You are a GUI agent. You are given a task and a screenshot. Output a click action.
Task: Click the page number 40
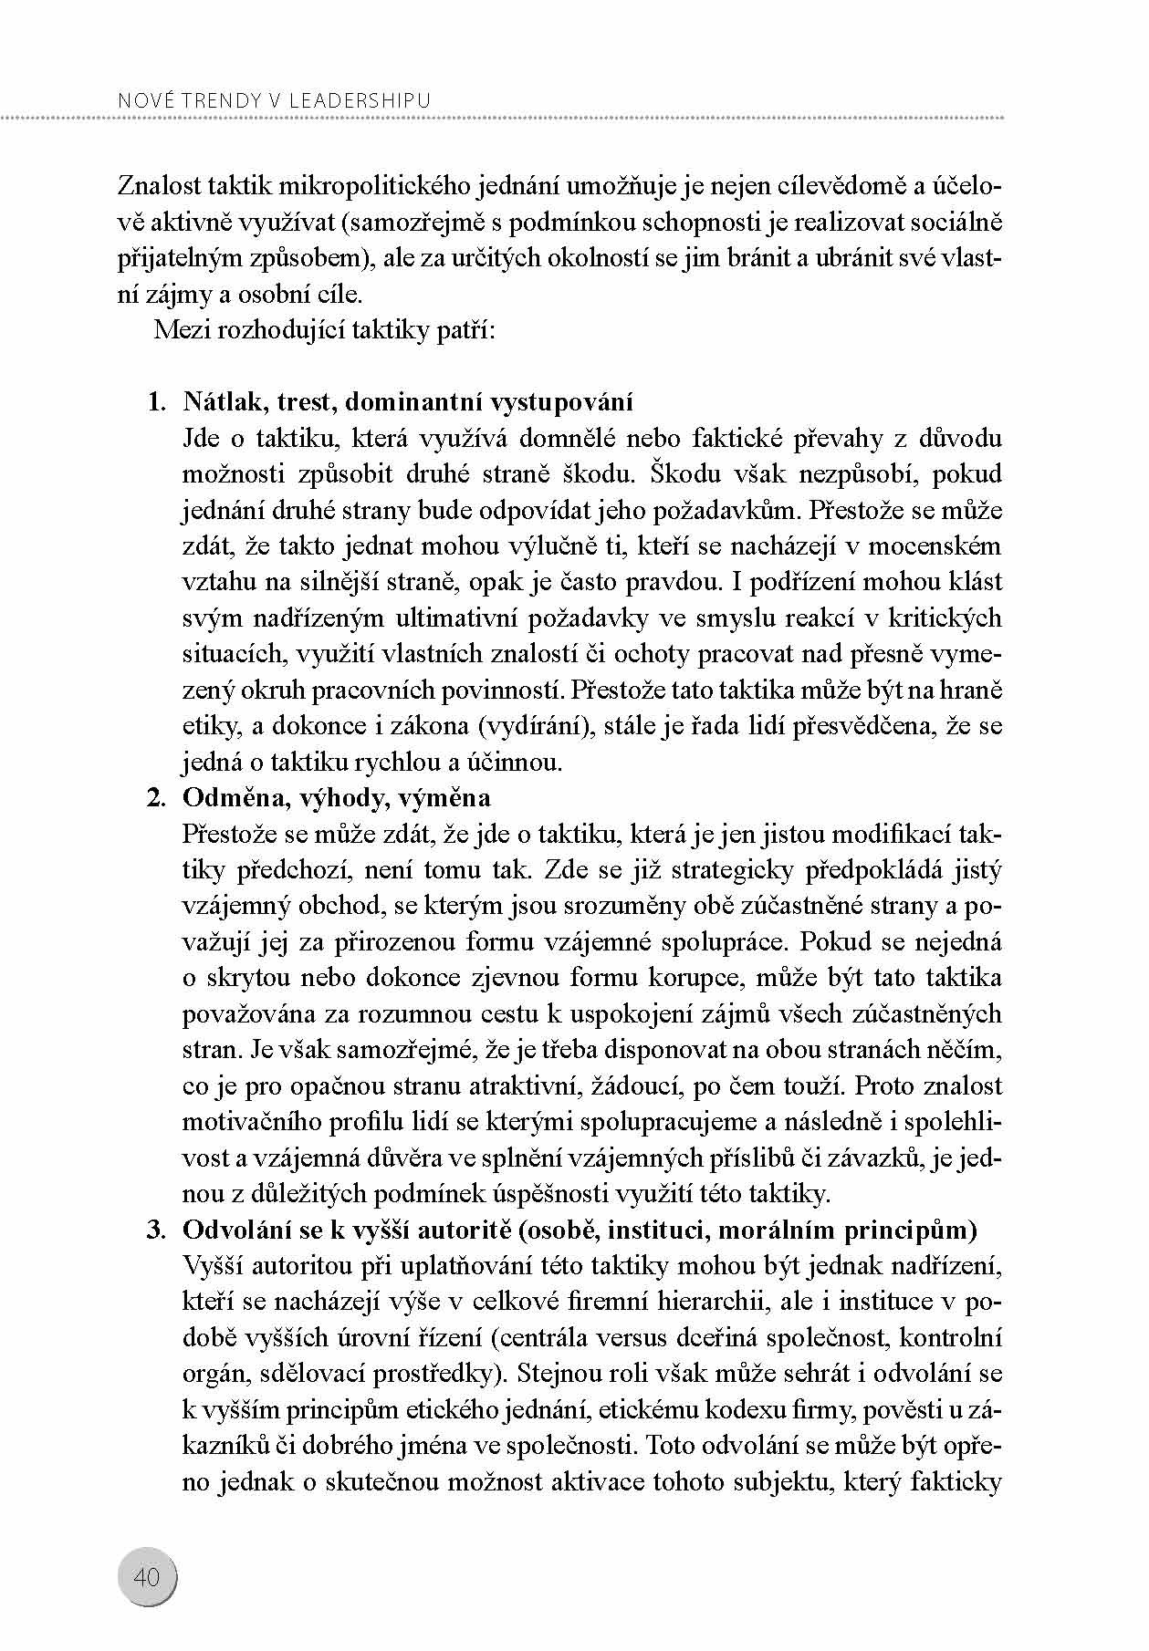[x=146, y=1576]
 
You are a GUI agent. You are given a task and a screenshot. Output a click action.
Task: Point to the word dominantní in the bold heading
[x=415, y=402]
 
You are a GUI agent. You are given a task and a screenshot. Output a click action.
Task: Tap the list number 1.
[x=156, y=402]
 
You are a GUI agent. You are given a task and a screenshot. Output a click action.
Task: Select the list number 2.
[x=156, y=798]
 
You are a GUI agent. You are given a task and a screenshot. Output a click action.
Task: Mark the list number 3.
[x=156, y=1230]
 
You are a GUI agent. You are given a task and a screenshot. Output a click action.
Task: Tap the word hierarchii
[x=693, y=1302]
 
